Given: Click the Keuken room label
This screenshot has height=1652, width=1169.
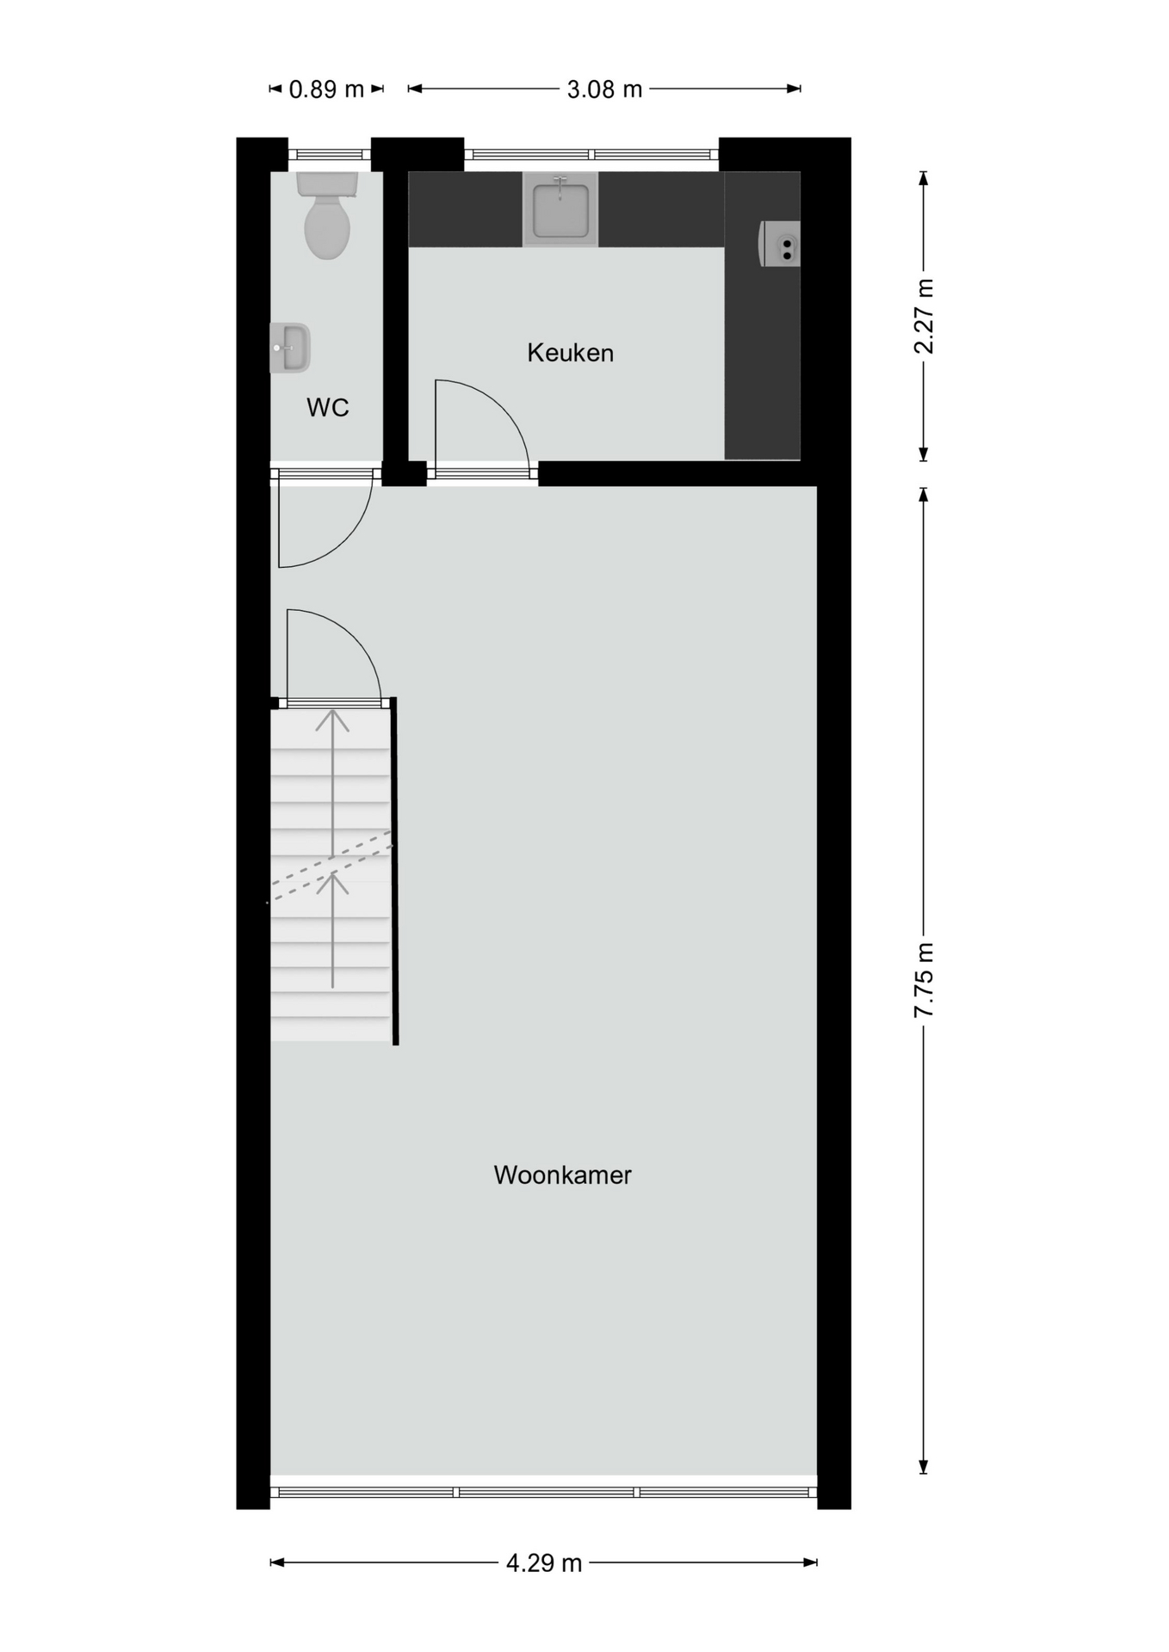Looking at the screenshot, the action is pos(570,353).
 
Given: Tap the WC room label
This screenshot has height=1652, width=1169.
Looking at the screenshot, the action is pos(327,407).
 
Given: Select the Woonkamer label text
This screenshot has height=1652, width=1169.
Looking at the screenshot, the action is pos(562,1175).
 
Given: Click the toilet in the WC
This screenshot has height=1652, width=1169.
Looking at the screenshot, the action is pos(327,215).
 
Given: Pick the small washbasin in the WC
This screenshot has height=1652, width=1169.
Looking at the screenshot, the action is pos(290,348).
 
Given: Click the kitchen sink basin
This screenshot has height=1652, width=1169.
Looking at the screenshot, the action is pos(560,209).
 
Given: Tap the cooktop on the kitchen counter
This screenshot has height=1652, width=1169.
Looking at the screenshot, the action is pos(780,243).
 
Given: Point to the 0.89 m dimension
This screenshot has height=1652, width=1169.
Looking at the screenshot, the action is pos(326,89).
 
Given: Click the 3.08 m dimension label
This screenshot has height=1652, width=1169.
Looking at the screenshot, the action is pos(604,89).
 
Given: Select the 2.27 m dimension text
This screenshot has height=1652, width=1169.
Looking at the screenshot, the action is pos(924,316).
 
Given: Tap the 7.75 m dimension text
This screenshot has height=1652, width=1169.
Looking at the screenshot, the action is pos(924,980).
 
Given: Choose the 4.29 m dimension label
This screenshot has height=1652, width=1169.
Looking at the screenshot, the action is pos(544,1563).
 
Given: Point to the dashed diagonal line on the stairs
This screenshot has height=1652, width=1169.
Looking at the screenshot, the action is pos(331,866).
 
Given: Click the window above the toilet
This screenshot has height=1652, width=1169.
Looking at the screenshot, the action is pos(330,155).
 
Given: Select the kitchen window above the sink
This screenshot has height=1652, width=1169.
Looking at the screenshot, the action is pos(591,155).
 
